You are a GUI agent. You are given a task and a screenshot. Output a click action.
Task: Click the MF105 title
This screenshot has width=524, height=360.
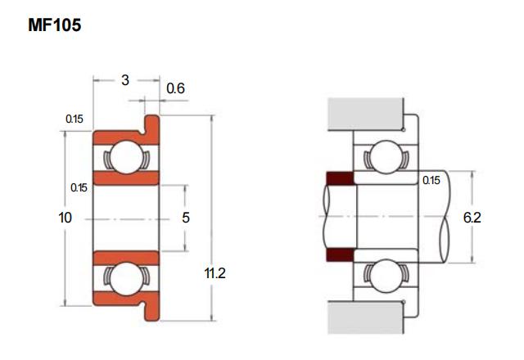55,25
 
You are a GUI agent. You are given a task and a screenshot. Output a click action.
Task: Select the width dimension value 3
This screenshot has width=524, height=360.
125,80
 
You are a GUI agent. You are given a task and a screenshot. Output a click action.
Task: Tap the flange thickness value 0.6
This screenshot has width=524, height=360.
175,88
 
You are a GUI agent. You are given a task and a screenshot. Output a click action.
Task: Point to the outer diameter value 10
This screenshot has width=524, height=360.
65,218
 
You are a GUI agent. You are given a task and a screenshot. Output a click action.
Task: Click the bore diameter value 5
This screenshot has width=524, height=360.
186,218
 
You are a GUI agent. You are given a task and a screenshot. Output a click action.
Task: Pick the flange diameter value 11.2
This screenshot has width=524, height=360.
215,273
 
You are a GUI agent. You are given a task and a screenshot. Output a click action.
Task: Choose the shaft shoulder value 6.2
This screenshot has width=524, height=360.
472,218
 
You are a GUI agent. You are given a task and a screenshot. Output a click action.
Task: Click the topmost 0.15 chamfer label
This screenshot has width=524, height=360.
75,119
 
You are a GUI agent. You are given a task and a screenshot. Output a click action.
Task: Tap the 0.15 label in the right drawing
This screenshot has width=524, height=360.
431,180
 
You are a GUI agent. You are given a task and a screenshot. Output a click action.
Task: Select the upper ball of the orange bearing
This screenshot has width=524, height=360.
126,157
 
